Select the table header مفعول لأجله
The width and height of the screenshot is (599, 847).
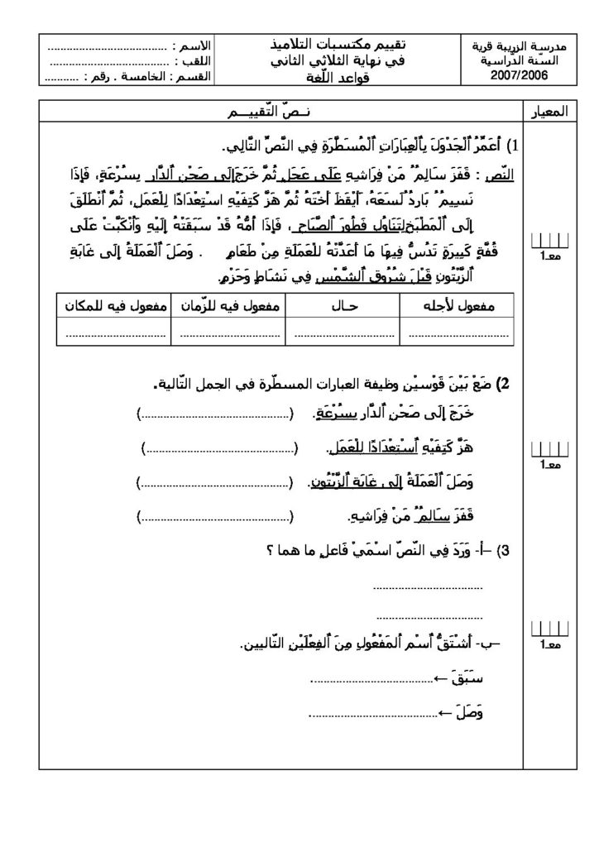458,305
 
